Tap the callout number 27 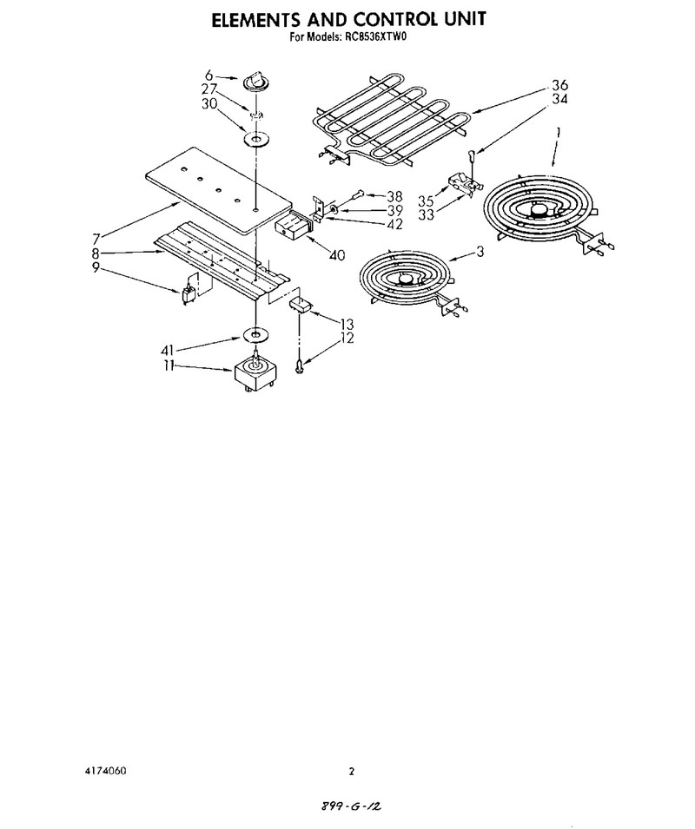208,89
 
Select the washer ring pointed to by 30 256,140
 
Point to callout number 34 559,99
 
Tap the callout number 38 394,197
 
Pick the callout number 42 394,224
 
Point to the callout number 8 96,253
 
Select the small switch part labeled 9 188,295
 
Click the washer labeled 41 256,335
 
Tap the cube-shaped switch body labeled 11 254,372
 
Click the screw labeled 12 300,365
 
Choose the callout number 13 347,324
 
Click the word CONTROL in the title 393,19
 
